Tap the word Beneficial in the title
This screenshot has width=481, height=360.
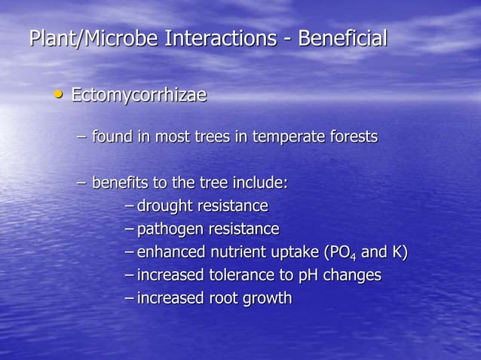[x=342, y=38]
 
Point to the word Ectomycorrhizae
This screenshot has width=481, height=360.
[x=139, y=96]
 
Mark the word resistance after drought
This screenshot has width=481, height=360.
[x=232, y=206]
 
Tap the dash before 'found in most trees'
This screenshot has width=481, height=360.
[x=82, y=138]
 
